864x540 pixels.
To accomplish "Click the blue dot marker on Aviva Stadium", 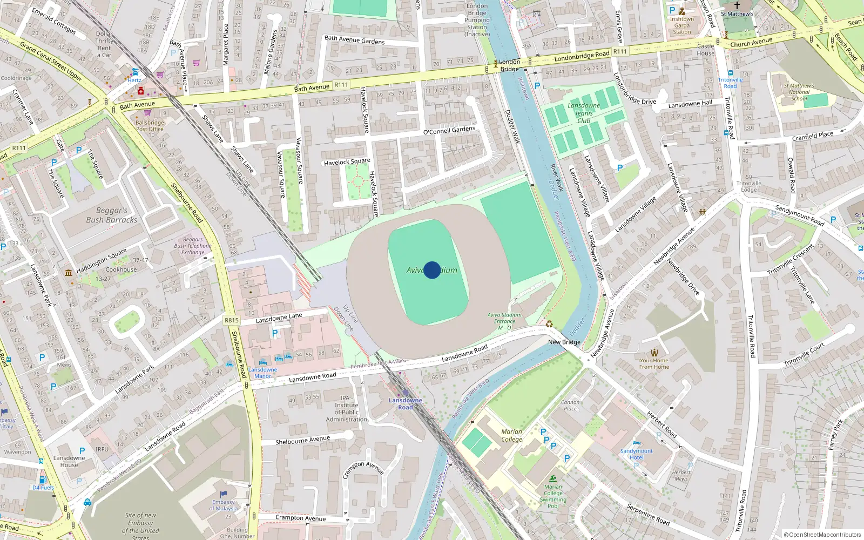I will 431,269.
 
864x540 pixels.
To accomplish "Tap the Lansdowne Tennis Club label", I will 584,113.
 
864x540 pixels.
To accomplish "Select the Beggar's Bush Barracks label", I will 111,215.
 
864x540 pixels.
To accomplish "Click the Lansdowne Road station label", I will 406,403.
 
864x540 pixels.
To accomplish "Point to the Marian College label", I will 511,435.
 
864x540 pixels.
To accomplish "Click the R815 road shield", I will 232,320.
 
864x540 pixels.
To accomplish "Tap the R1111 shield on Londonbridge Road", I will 620,52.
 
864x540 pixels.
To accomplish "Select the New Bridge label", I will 564,342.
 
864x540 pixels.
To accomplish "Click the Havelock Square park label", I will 347,161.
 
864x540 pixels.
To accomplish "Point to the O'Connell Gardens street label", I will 449,131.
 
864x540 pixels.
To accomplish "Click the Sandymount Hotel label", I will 636,454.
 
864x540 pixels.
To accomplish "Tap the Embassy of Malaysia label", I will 224,505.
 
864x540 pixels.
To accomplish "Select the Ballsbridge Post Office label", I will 150,126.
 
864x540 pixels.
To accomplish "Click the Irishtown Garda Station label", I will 681,25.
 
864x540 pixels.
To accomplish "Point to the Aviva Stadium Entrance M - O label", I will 504,321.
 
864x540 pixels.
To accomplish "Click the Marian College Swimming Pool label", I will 553,496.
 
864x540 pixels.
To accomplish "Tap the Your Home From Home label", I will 654,363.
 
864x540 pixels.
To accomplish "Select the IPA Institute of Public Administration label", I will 346,409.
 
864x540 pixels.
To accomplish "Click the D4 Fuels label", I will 43,487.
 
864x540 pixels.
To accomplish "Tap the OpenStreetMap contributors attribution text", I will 822,535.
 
